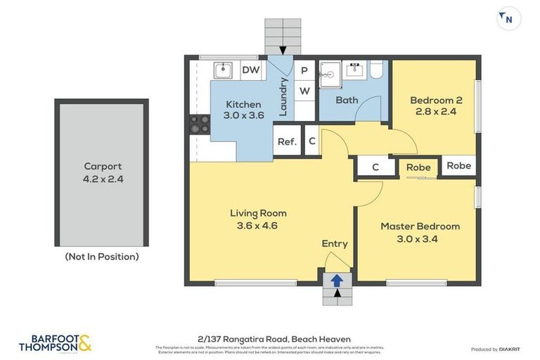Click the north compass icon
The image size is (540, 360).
508,19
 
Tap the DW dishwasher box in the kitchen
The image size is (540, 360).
250,70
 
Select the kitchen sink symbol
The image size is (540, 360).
223,70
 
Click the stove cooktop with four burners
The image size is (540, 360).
199,124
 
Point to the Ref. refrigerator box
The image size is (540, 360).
287,141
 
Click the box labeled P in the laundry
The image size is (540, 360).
304,70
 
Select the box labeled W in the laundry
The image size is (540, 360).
304,91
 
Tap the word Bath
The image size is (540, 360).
347,100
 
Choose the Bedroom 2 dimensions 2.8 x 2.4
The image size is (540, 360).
435,111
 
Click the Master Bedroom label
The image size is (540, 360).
420,226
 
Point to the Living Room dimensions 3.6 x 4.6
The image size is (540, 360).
258,226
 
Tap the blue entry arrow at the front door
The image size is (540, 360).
337,280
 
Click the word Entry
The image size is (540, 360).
335,243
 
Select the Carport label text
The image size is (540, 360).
103,167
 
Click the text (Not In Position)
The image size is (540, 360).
102,257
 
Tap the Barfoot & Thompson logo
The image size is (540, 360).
55,342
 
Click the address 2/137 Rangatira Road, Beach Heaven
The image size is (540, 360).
270,338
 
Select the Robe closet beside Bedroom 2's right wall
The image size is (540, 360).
458,166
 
